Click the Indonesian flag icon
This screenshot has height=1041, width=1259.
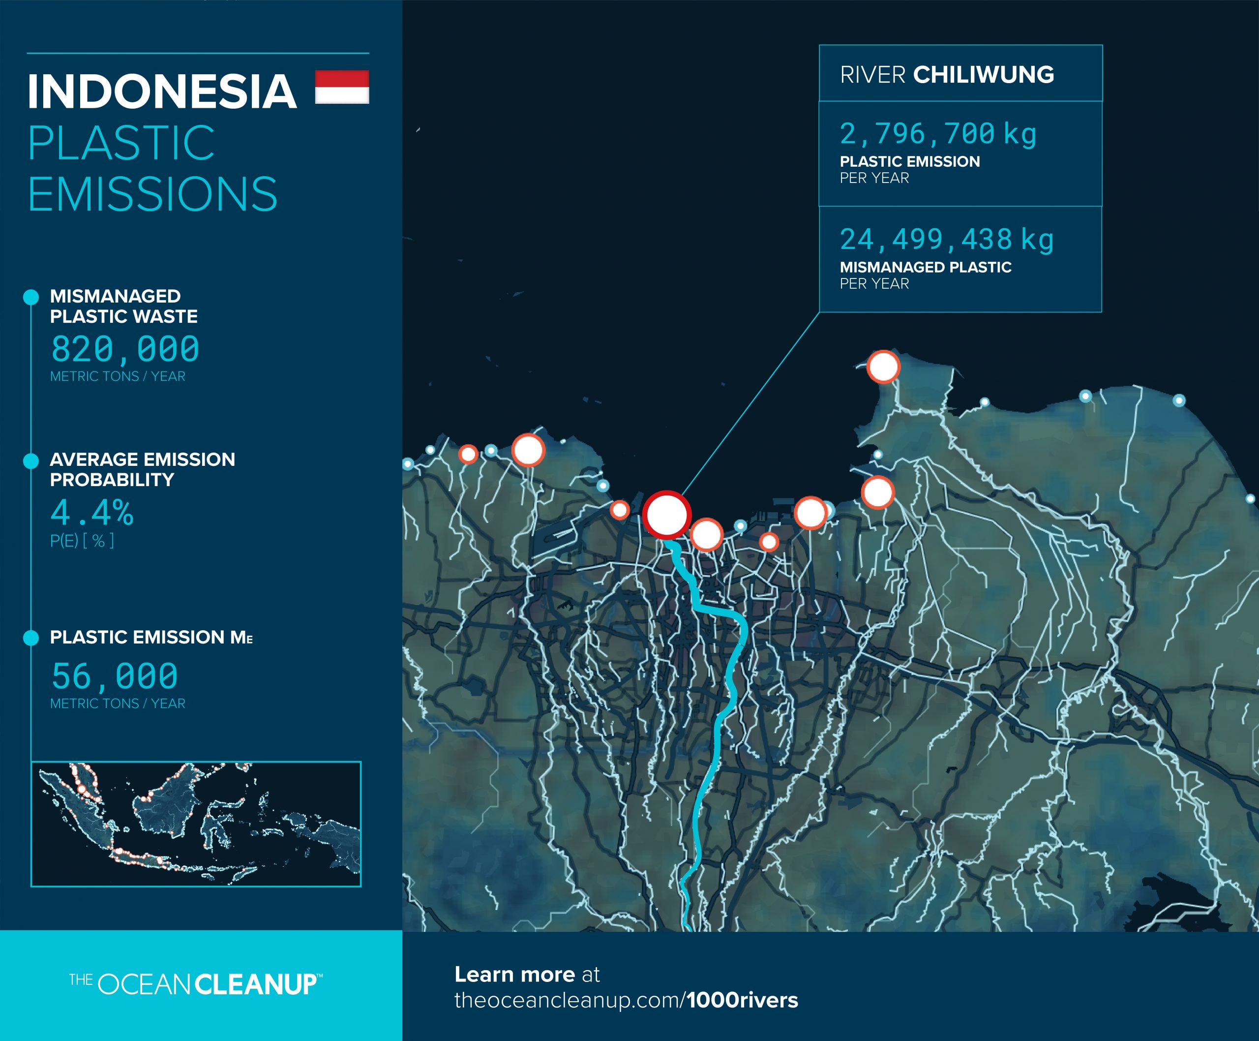[342, 87]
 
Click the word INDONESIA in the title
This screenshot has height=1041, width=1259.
[162, 92]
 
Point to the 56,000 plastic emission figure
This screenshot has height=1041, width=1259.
[115, 676]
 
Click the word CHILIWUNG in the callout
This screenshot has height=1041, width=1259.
[983, 75]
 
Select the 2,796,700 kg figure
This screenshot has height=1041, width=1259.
[938, 134]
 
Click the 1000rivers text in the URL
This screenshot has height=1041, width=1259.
[742, 1000]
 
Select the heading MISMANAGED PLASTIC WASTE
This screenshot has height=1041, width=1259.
[123, 306]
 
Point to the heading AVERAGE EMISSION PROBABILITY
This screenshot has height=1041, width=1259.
[142, 469]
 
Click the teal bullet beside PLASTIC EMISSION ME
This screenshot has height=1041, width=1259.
[30, 638]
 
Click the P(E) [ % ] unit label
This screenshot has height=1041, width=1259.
[82, 541]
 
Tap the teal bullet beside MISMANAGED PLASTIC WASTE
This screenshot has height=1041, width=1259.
[30, 297]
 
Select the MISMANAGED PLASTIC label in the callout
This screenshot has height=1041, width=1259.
[925, 268]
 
